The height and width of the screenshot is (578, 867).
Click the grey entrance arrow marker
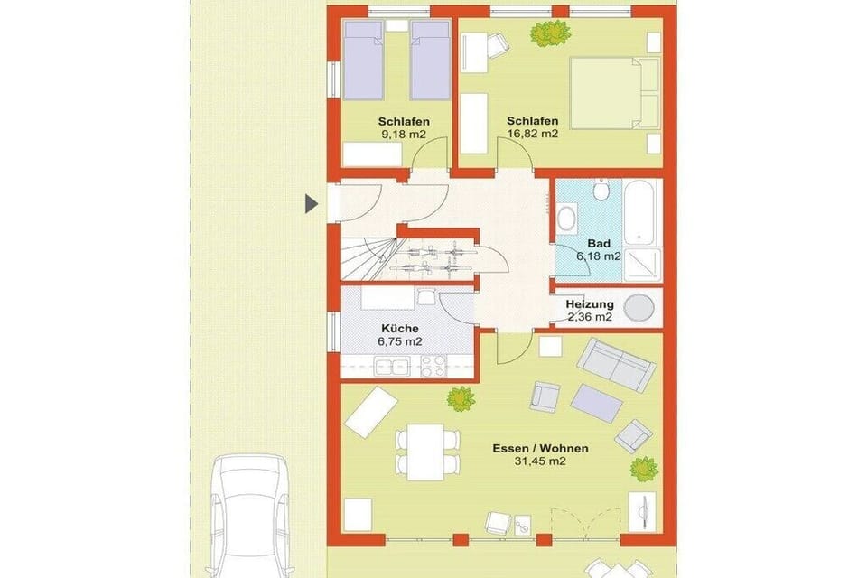tap(312, 204)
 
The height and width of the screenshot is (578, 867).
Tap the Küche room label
tap(400, 329)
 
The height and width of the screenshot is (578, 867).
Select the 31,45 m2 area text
tap(540, 461)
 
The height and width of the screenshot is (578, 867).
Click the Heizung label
tap(590, 304)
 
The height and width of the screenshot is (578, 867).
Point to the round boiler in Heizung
tap(639, 308)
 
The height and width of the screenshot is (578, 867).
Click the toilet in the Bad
tap(600, 190)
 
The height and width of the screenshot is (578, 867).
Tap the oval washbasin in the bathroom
tap(566, 218)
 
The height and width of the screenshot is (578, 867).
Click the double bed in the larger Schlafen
tap(615, 93)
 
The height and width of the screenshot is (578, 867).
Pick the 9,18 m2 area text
tap(404, 134)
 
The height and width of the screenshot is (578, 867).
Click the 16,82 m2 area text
tap(533, 134)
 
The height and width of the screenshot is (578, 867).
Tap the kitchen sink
tap(392, 367)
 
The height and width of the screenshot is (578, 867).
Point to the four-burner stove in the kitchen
tap(433, 366)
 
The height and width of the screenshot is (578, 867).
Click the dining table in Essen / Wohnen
tap(426, 452)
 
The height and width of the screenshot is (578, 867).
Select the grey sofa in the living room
tap(617, 365)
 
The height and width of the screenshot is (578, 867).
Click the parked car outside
tap(249, 516)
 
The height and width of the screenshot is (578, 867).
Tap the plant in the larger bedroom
tap(550, 34)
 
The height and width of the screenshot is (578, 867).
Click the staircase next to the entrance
tap(368, 258)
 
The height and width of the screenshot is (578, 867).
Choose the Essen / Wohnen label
tap(540, 448)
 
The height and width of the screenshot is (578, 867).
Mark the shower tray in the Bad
tap(642, 265)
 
